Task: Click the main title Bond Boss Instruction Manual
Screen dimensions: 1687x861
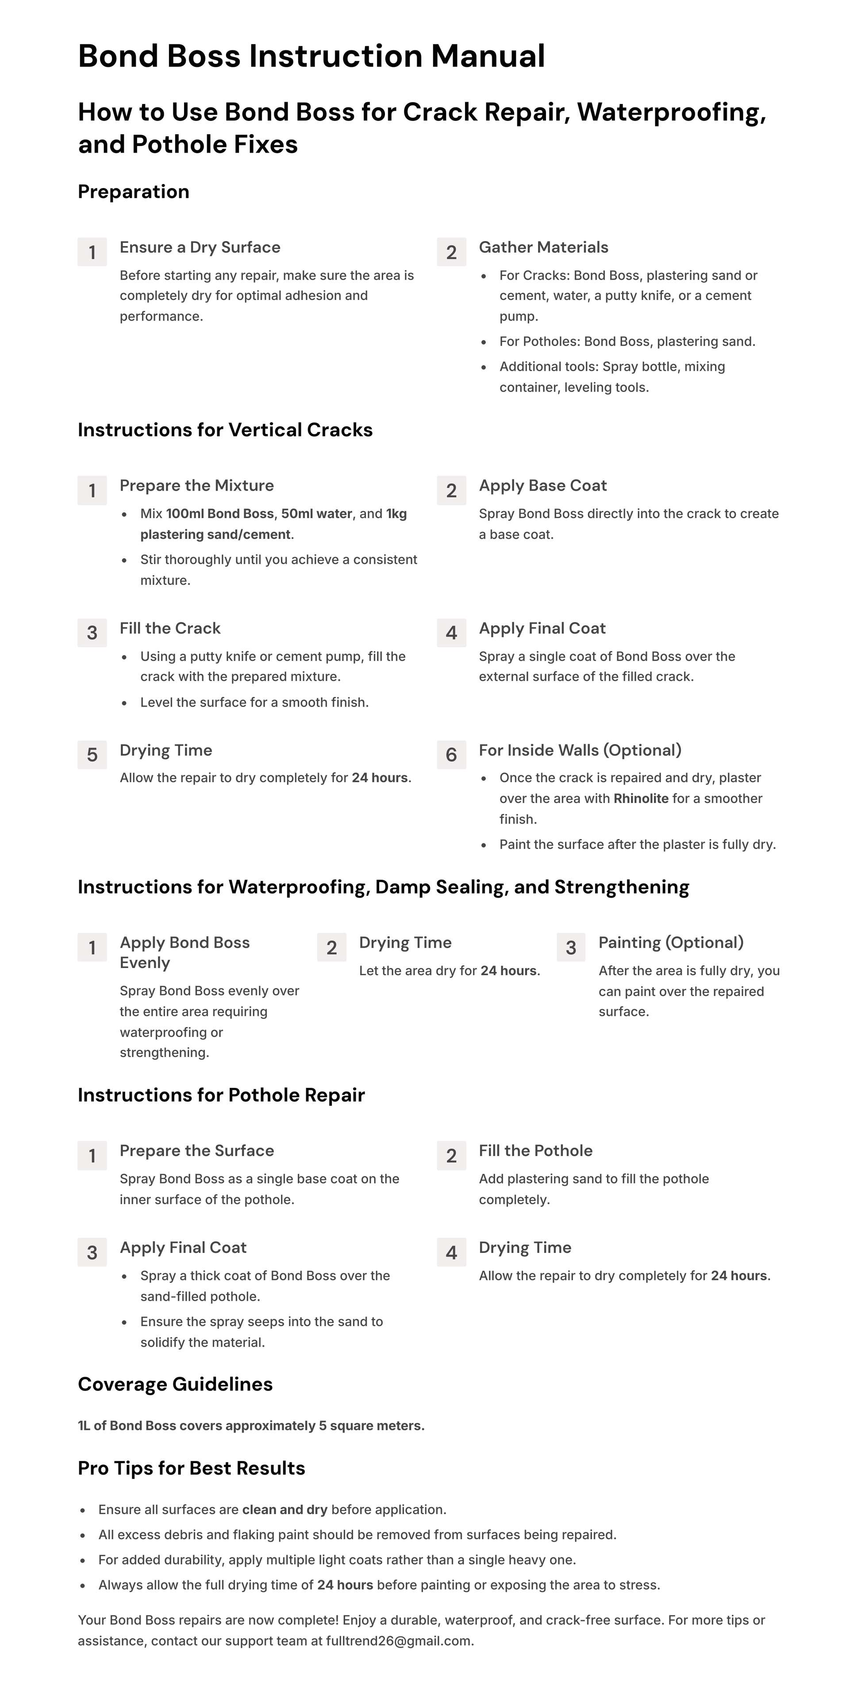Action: (x=311, y=56)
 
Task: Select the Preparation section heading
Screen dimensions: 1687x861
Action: (x=134, y=192)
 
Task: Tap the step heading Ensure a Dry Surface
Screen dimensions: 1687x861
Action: (x=200, y=248)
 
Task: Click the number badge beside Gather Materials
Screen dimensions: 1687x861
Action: (x=451, y=252)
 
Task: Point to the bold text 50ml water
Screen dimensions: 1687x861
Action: (x=316, y=514)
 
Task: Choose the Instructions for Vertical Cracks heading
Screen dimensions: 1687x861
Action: (x=225, y=430)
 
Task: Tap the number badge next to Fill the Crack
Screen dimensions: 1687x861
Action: (x=92, y=633)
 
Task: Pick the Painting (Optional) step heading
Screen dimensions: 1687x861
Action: (x=670, y=943)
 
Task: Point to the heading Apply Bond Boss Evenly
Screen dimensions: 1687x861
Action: (x=184, y=953)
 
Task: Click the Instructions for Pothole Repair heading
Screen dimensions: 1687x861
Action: (x=221, y=1095)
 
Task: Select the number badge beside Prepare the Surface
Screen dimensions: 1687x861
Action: (x=92, y=1156)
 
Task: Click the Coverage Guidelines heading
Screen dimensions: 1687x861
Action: (x=176, y=1384)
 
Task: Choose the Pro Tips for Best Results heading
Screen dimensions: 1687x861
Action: (x=191, y=1469)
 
